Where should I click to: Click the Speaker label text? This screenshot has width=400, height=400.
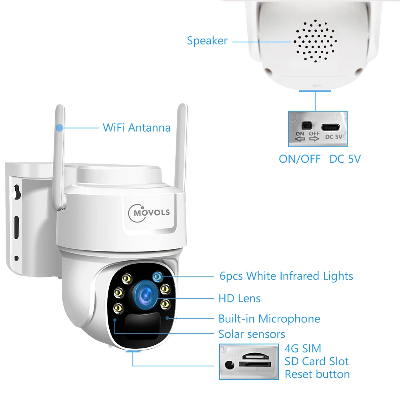207,41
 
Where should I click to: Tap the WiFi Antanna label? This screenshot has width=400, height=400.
136,128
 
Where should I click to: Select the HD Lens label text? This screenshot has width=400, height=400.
239,298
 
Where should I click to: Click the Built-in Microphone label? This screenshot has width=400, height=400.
269,319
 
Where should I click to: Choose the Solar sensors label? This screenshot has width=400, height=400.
252,334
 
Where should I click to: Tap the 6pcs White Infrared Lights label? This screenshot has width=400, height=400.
286,276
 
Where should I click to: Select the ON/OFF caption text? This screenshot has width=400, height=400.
300,159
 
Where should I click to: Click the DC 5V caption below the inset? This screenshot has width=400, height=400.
345,159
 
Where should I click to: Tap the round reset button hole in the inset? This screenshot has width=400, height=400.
229,365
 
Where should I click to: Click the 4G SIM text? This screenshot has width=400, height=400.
303,348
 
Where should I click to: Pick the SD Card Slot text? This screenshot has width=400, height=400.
316,362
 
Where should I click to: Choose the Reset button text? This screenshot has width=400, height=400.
317,374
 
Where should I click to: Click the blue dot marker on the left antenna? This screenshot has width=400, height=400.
60,128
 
